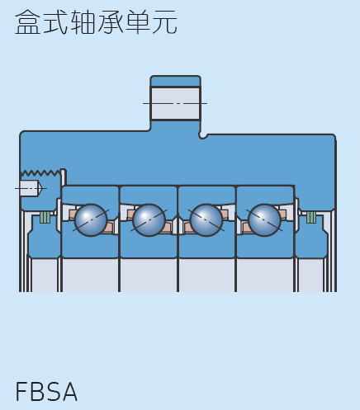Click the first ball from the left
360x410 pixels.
tap(91, 220)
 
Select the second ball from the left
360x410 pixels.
tap(149, 220)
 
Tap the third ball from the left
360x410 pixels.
tap(206, 220)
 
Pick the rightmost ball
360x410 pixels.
tap(264, 220)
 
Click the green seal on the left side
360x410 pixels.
tap(45, 217)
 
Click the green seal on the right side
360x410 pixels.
tap(311, 217)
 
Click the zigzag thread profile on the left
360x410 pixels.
tap(40, 173)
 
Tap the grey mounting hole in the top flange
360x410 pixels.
tap(175, 104)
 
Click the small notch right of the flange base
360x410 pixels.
tap(203, 135)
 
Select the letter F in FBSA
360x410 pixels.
tap(21, 391)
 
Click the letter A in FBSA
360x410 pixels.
tap(69, 391)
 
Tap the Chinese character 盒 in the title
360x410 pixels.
tap(27, 22)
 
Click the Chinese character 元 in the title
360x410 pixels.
tap(164, 22)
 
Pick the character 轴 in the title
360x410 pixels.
tap(83, 22)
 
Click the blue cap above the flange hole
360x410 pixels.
tap(175, 81)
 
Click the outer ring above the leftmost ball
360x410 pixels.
tap(90, 196)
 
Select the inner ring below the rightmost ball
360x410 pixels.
tap(265, 246)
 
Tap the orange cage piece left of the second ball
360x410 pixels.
tap(130, 214)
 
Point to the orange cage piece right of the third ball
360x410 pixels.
tap(225, 214)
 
